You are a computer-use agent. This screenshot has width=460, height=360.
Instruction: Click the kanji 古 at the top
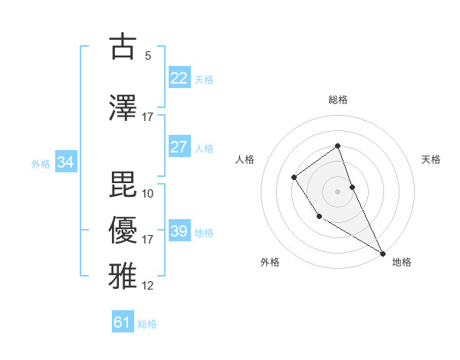(123, 47)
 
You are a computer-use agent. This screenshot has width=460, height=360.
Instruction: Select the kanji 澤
(123, 107)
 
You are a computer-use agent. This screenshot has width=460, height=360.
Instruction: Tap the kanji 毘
(123, 183)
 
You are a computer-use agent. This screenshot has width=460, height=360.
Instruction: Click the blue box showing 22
(179, 78)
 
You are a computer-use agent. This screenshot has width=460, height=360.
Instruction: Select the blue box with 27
(179, 147)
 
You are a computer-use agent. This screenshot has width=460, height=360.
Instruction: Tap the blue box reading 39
(179, 231)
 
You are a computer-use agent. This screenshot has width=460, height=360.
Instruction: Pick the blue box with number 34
(65, 162)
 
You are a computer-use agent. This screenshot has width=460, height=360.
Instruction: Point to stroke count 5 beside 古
(147, 56)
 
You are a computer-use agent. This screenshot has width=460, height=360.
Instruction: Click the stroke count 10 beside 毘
(147, 193)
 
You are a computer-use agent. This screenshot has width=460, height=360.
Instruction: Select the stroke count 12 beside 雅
(147, 286)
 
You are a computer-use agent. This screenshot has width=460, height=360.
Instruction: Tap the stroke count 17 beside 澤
(147, 117)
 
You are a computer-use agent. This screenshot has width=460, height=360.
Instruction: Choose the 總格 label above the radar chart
(337, 100)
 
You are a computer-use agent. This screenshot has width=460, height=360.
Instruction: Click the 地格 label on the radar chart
(402, 262)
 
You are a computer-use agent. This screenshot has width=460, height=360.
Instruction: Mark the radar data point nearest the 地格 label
(383, 253)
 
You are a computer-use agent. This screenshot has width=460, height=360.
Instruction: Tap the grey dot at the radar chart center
(337, 191)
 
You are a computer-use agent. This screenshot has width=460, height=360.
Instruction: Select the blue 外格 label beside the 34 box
(41, 164)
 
